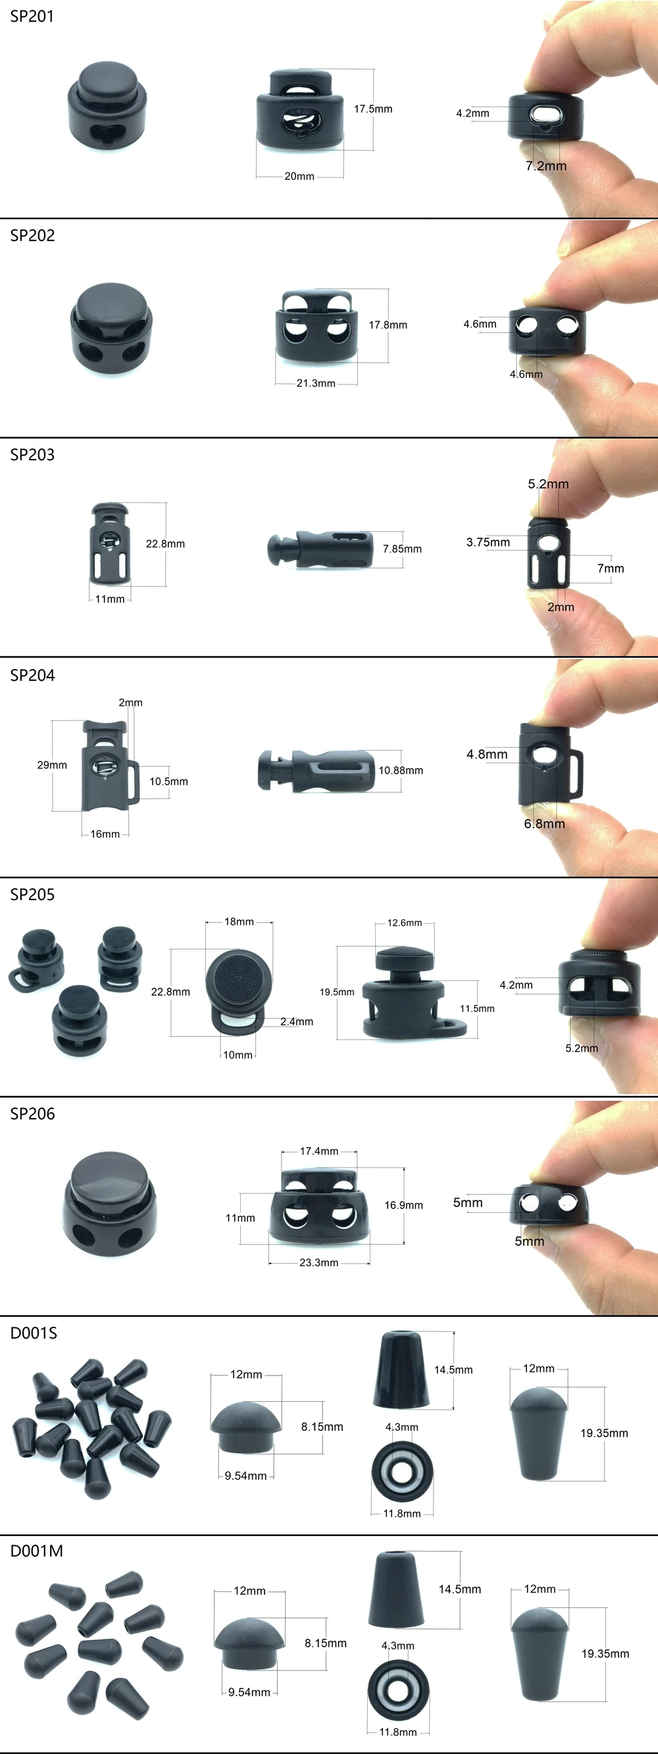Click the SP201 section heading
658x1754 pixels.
pyautogui.click(x=32, y=16)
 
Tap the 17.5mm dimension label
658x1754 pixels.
pyautogui.click(x=373, y=109)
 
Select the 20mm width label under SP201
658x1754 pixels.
pyautogui.click(x=299, y=176)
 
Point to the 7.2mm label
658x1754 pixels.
pyautogui.click(x=545, y=166)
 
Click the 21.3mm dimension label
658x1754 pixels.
pyautogui.click(x=316, y=383)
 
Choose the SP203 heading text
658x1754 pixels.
pyautogui.click(x=32, y=455)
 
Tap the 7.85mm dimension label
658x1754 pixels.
pyautogui.click(x=402, y=549)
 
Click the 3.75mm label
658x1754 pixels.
pyautogui.click(x=488, y=543)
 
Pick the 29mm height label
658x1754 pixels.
pyautogui.click(x=52, y=765)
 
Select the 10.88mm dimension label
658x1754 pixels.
pyautogui.click(x=401, y=771)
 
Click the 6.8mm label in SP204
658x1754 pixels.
pyautogui.click(x=544, y=824)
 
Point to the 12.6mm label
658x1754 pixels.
pyautogui.click(x=405, y=923)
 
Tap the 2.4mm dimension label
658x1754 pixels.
pyautogui.click(x=297, y=1021)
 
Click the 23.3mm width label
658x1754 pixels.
pyautogui.click(x=318, y=1262)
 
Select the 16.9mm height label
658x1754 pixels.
pyautogui.click(x=403, y=1205)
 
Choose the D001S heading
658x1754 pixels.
pyautogui.click(x=34, y=1333)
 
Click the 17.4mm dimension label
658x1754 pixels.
pyautogui.click(x=319, y=1152)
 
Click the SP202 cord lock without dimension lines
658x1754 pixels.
pyautogui.click(x=111, y=327)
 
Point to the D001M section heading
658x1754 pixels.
pyautogui.click(x=36, y=1551)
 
